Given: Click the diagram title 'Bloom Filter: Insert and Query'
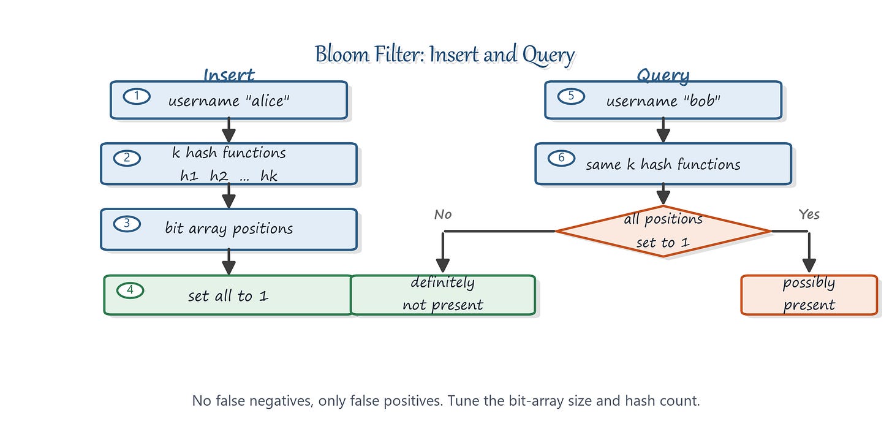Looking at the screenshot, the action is click(x=444, y=55).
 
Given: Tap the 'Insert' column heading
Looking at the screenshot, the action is click(x=229, y=75).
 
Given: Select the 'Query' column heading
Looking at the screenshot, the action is click(x=663, y=75).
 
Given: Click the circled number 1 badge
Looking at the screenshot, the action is click(x=137, y=96).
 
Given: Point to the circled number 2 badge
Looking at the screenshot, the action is click(x=127, y=158).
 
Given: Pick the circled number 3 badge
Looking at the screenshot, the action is click(x=127, y=224).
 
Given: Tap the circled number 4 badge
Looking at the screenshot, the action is click(x=130, y=290).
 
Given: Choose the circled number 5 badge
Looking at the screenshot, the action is click(x=571, y=96).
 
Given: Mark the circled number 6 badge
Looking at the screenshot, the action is click(x=561, y=158).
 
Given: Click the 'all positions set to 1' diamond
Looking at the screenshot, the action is click(x=663, y=231).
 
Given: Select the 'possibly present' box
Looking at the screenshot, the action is click(x=809, y=295).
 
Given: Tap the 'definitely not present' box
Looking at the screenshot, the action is click(x=443, y=295).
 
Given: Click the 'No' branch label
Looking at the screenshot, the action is click(x=443, y=214).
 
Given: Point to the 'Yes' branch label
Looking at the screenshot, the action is click(x=809, y=214).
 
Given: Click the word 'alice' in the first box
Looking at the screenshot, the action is click(x=268, y=101).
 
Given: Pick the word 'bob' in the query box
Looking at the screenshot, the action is click(x=702, y=101).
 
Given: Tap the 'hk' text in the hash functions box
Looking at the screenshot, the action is click(x=269, y=176).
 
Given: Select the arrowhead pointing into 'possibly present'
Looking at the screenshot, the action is click(x=809, y=265).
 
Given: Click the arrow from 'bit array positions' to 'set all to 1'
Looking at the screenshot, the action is click(x=229, y=262).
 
